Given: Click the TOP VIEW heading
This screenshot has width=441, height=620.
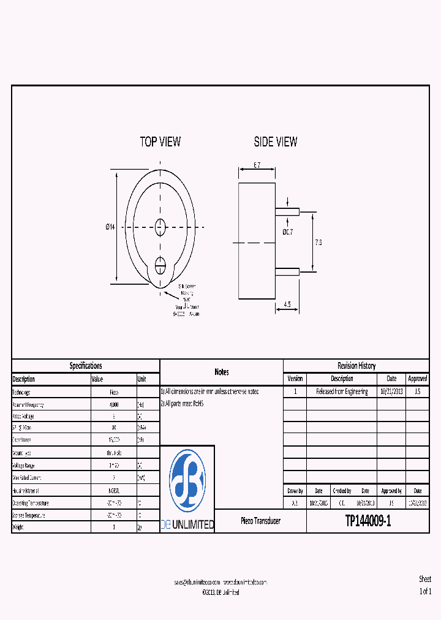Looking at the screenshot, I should coord(160,142).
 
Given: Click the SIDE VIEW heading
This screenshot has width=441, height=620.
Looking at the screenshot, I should coord(276,142).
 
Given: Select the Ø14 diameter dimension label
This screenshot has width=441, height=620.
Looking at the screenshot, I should coord(110,227).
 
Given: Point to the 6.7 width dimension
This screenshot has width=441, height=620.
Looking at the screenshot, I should coord(257,165).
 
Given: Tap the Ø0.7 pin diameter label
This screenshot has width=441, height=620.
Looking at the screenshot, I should coord(287,232).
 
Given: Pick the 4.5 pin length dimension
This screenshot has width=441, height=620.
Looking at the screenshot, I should coord(287,304).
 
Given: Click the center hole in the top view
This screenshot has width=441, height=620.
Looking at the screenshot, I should coord(160,227).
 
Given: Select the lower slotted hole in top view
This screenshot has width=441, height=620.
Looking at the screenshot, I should coord(160,265).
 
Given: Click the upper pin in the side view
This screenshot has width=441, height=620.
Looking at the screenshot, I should coord(287,212).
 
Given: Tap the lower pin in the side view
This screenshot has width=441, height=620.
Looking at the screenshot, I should coord(287,271).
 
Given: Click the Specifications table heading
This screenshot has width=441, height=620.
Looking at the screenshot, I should coord(86,366).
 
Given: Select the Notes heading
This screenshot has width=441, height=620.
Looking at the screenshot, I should coord(222,372).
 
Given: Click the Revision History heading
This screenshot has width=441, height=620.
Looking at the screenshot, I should coord(356,366).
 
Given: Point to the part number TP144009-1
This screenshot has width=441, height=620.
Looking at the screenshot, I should coord(367,521).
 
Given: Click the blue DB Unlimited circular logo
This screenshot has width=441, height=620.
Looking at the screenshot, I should coord(187,480).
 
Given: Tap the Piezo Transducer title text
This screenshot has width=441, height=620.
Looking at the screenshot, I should coord(260,521).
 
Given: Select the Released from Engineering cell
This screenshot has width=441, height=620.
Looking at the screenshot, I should coord(342,391).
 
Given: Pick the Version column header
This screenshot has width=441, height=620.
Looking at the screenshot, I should coord(295,379).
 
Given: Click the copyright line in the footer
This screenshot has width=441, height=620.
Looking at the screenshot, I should coord(221,592).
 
